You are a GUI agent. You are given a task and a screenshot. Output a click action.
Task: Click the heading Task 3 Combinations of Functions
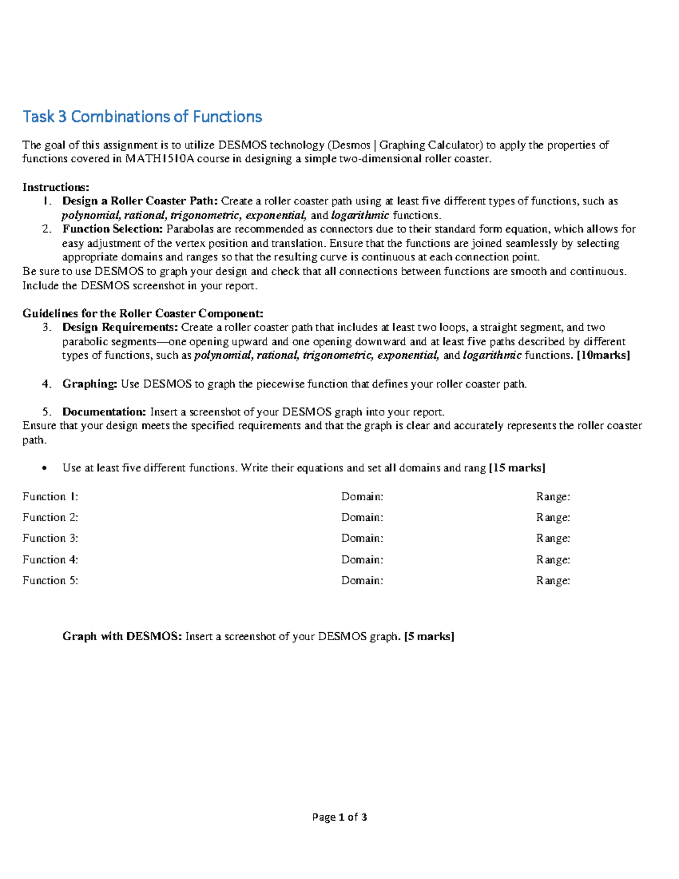point(142,117)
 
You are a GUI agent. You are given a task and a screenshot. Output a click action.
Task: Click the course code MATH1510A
point(177,159)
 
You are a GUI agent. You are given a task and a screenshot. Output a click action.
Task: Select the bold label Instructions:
point(55,187)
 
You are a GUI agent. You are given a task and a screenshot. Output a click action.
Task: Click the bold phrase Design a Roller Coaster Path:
point(140,201)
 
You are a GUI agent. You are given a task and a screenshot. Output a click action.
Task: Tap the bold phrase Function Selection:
point(113,229)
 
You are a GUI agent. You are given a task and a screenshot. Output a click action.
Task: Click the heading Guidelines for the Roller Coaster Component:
point(143,314)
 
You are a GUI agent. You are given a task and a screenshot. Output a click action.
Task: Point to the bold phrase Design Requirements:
point(120,327)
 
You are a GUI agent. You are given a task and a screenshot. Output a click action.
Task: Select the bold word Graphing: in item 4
point(89,384)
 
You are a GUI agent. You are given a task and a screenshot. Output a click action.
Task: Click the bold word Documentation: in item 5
point(104,411)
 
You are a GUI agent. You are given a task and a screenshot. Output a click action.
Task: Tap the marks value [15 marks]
point(517,468)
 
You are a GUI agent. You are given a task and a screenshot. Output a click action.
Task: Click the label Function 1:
point(50,497)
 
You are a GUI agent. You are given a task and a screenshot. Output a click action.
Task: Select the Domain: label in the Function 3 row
point(362,538)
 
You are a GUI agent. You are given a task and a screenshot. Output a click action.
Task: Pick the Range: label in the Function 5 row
point(553,581)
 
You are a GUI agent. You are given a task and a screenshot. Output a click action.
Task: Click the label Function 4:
point(50,560)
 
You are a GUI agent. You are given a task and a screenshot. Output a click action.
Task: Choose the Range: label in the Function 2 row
point(553,517)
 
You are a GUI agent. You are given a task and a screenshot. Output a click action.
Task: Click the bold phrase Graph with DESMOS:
point(122,636)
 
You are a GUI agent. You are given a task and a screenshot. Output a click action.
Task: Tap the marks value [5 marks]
point(429,636)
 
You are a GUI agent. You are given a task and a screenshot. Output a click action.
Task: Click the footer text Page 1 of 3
point(339,817)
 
